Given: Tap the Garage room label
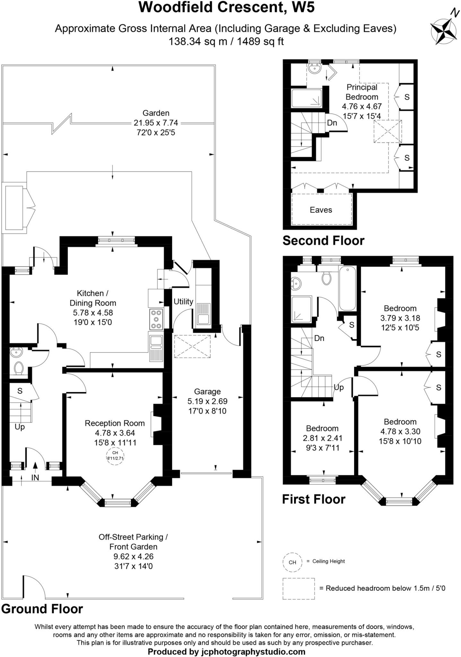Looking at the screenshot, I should (x=207, y=391).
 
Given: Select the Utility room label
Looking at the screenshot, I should (x=183, y=302).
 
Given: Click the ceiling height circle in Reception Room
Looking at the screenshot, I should (x=115, y=455).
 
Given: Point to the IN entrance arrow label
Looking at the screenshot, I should (x=35, y=477).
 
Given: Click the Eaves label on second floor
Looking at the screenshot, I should (x=321, y=210).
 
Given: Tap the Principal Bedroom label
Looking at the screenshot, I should (x=362, y=92).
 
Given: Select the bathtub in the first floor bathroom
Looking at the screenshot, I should (x=348, y=288).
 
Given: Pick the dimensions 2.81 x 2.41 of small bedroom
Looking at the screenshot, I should (x=322, y=438).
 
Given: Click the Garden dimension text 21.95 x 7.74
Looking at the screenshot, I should (x=156, y=123).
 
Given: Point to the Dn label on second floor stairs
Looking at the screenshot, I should (x=332, y=123).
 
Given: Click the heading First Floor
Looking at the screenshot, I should (x=314, y=499).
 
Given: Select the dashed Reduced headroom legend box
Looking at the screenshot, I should (x=299, y=588).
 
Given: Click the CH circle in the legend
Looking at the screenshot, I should (x=292, y=562).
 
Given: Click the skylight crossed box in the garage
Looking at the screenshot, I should (x=192, y=346).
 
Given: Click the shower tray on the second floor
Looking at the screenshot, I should (x=306, y=98).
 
